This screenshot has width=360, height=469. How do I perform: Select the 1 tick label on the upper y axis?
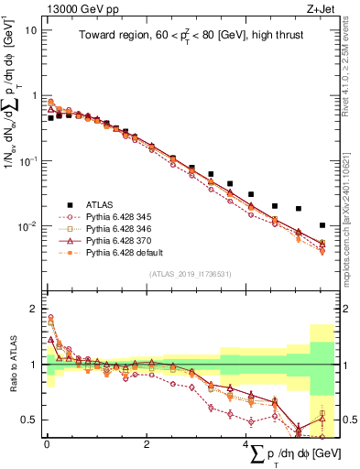[32, 95]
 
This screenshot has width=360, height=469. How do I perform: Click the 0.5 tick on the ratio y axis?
[27, 420]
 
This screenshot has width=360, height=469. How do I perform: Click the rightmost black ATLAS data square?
[322, 224]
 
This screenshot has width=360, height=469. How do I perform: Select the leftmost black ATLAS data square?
[50, 118]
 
